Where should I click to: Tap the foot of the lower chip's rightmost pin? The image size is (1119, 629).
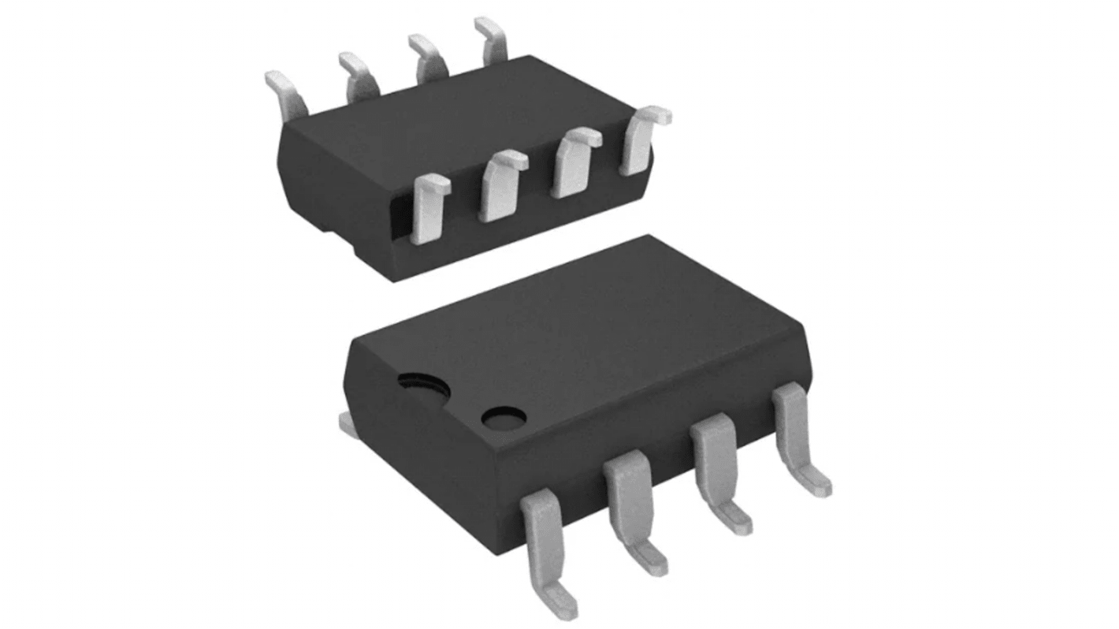click(x=816, y=482)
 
